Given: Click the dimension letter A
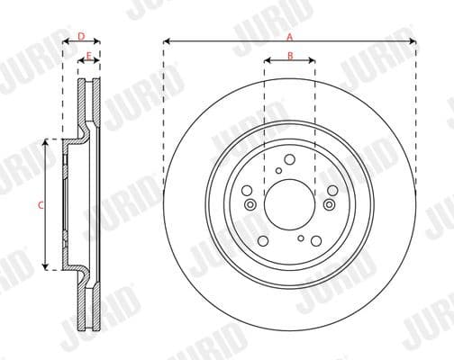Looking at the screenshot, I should tap(289, 36).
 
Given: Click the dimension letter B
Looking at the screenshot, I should tap(289, 56).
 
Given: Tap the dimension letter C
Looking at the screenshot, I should tap(41, 204).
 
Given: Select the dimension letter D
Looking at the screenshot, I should tap(80, 36).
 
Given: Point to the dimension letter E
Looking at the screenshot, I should tap(87, 57).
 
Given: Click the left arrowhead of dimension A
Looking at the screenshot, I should tap(167, 41).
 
